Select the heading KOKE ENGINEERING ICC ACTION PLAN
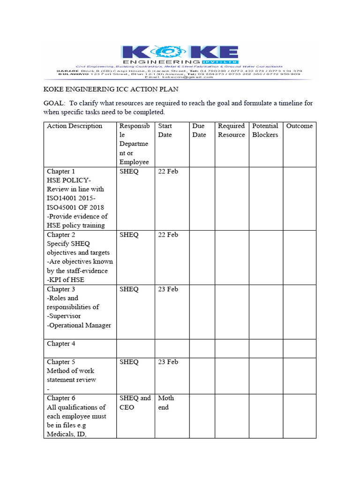pyautogui.click(x=111, y=89)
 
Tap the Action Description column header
pyautogui.click(x=75, y=126)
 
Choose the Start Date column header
pyautogui.click(x=165, y=130)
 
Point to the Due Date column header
pyautogui.click(x=199, y=130)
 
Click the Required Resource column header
pyautogui.click(x=231, y=130)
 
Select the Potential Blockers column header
pyautogui.click(x=265, y=130)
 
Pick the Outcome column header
pyautogui.click(x=299, y=126)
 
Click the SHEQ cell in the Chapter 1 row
pyautogui.click(x=129, y=172)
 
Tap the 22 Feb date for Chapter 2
pyautogui.click(x=168, y=235)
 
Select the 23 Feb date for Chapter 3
pyautogui.click(x=168, y=289)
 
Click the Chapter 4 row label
pyautogui.click(x=61, y=344)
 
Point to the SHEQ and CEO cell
pyautogui.click(x=135, y=403)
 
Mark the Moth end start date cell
pyautogui.click(x=166, y=403)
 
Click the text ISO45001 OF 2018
pyautogui.click(x=75, y=208)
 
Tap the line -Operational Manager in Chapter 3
pyautogui.click(x=79, y=325)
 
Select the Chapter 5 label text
pyautogui.click(x=61, y=362)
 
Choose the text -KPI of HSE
pyautogui.click(x=66, y=280)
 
